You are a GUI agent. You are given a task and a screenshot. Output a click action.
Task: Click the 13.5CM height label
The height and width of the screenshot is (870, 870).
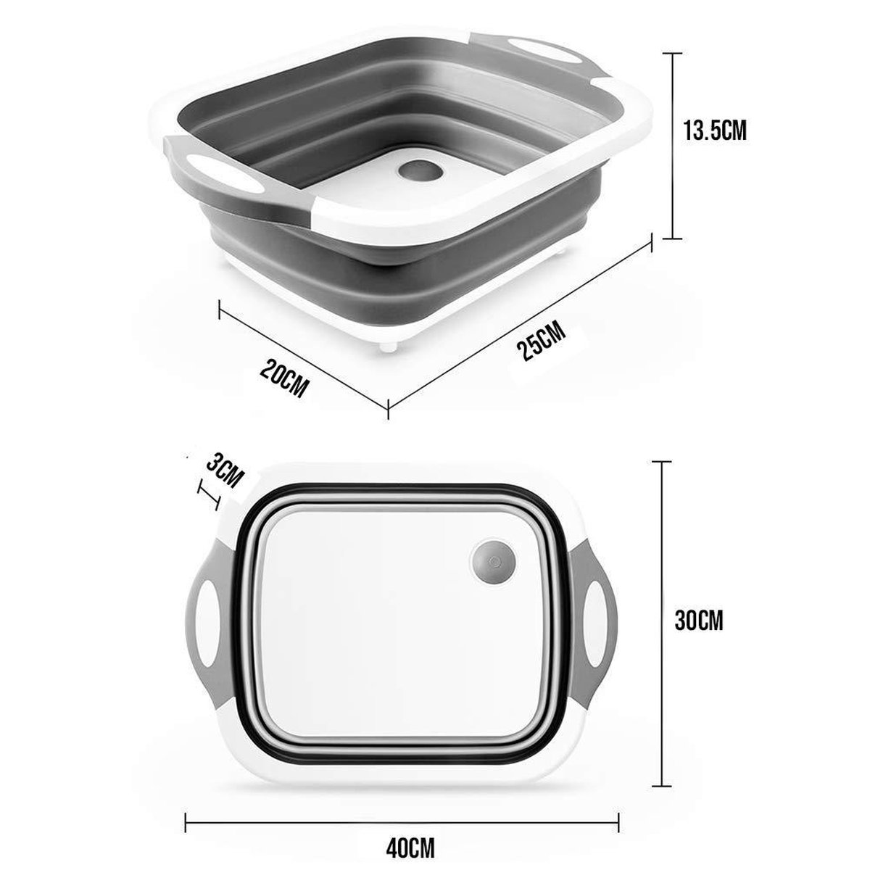715,131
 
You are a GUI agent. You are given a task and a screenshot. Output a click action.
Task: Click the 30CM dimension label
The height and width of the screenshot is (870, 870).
699,620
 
